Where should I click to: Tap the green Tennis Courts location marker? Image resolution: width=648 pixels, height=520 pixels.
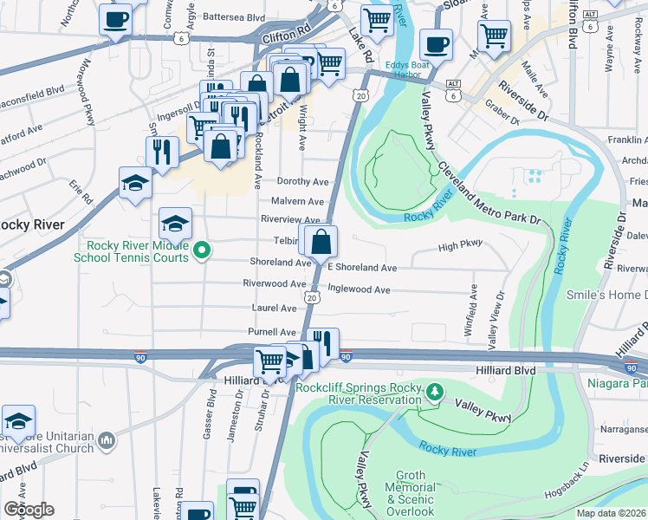pos(202,251)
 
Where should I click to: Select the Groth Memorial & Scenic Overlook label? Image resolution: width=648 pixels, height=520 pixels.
pos(410,493)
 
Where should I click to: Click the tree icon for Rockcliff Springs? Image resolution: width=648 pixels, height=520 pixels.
pos(436,393)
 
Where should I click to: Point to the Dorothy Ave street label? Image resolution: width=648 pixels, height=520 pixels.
pos(302,182)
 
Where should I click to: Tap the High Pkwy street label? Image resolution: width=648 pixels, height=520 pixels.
pos(459,246)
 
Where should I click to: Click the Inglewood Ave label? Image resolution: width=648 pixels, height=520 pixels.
pos(359,290)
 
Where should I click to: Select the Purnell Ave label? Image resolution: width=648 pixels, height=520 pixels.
pos(271,332)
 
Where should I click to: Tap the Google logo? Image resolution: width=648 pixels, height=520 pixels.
pos(29,509)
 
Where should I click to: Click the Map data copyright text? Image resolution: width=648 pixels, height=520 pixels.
pos(611,513)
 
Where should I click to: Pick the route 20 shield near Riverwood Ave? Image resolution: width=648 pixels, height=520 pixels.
pos(312,297)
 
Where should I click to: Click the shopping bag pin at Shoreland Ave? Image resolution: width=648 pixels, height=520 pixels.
pos(321,242)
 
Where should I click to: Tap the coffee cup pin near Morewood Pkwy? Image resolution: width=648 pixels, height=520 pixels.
pos(115,19)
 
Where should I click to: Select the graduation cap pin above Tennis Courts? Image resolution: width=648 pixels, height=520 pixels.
pos(176,223)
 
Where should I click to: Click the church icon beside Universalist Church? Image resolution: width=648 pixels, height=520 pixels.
pos(106,441)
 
